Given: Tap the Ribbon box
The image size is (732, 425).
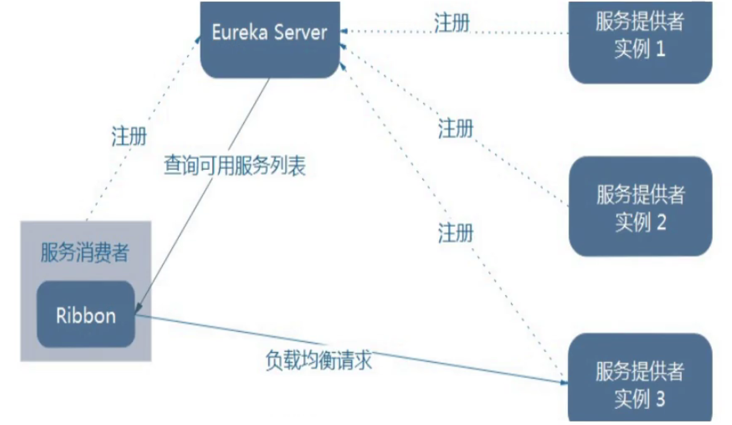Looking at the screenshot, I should coord(86,315).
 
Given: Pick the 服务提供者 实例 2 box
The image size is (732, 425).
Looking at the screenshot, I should coord(640,206).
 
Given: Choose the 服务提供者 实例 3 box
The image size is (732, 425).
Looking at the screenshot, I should coord(640,379).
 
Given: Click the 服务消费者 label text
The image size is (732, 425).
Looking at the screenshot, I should coord(85,252).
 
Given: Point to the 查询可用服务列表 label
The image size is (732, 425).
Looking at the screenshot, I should coord(235,165).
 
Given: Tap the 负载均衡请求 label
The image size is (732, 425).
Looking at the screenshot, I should coord(318,359).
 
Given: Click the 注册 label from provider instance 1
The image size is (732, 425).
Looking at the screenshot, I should coord(452,23).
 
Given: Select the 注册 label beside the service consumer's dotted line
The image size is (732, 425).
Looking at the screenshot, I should coord(129,136).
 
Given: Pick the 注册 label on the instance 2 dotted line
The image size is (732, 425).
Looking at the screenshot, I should coord(455,129).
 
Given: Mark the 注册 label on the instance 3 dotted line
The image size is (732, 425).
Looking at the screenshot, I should coord(455,233).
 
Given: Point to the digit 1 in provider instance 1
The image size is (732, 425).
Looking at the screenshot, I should coord(660,49).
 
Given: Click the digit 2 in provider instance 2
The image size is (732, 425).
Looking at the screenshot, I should coord(661,222).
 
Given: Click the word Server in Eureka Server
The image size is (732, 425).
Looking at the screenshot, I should coord(300,32).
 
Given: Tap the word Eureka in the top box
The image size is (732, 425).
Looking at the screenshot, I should coord(239,32).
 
